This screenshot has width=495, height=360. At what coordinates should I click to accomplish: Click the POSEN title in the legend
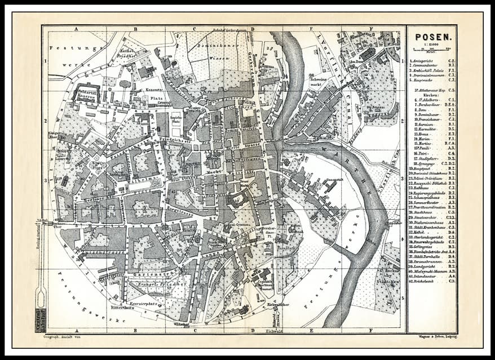pyautogui.click(x=432, y=38)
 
